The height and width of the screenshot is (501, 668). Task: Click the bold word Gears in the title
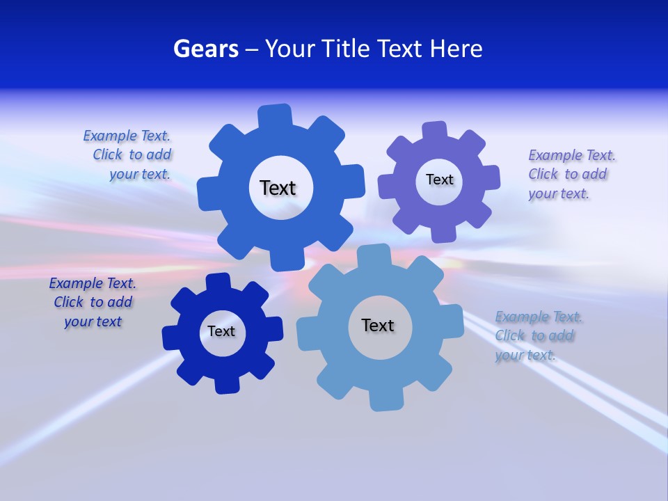205,49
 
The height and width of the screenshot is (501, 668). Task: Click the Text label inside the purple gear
439,180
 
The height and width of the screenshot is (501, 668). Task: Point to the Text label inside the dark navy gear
221,331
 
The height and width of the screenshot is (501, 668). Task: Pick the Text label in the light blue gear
378,325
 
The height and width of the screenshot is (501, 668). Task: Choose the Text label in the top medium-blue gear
278,188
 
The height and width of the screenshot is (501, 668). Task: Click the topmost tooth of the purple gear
434,130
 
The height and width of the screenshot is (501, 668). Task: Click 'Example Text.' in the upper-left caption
127,136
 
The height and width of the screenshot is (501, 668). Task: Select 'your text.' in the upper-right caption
558,194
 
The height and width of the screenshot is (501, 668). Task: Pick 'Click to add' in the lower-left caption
93,302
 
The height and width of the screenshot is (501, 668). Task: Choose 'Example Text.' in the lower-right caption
539,317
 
